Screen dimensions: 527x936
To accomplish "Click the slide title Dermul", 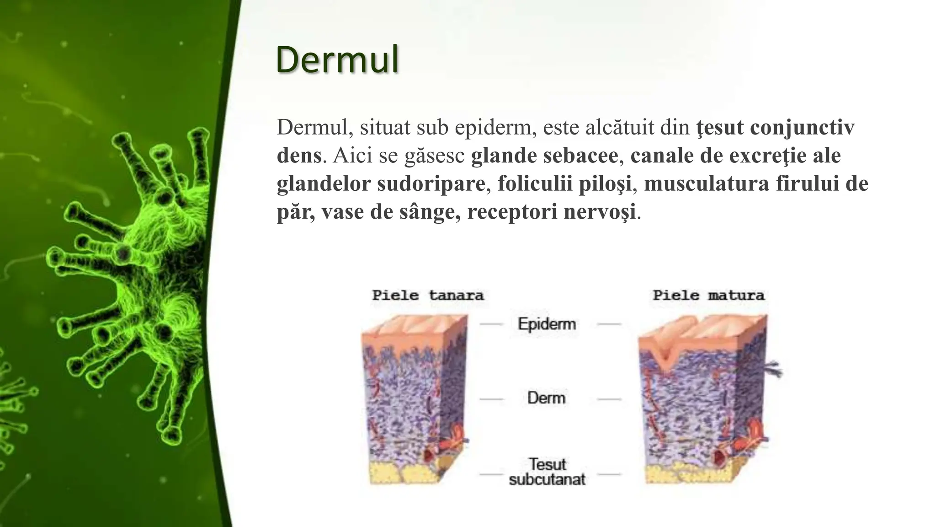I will coord(337,60).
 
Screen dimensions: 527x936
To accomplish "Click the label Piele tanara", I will coord(428,296).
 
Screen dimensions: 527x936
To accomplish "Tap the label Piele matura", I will coord(708,296).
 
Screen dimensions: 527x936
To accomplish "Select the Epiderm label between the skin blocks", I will coord(547,324).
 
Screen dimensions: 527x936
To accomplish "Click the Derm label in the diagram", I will coord(546,398).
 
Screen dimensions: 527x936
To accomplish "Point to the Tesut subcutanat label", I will coord(547,472).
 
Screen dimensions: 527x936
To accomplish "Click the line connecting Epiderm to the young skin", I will coord(491,324).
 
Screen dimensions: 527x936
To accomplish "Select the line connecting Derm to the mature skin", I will coord(609,399).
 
